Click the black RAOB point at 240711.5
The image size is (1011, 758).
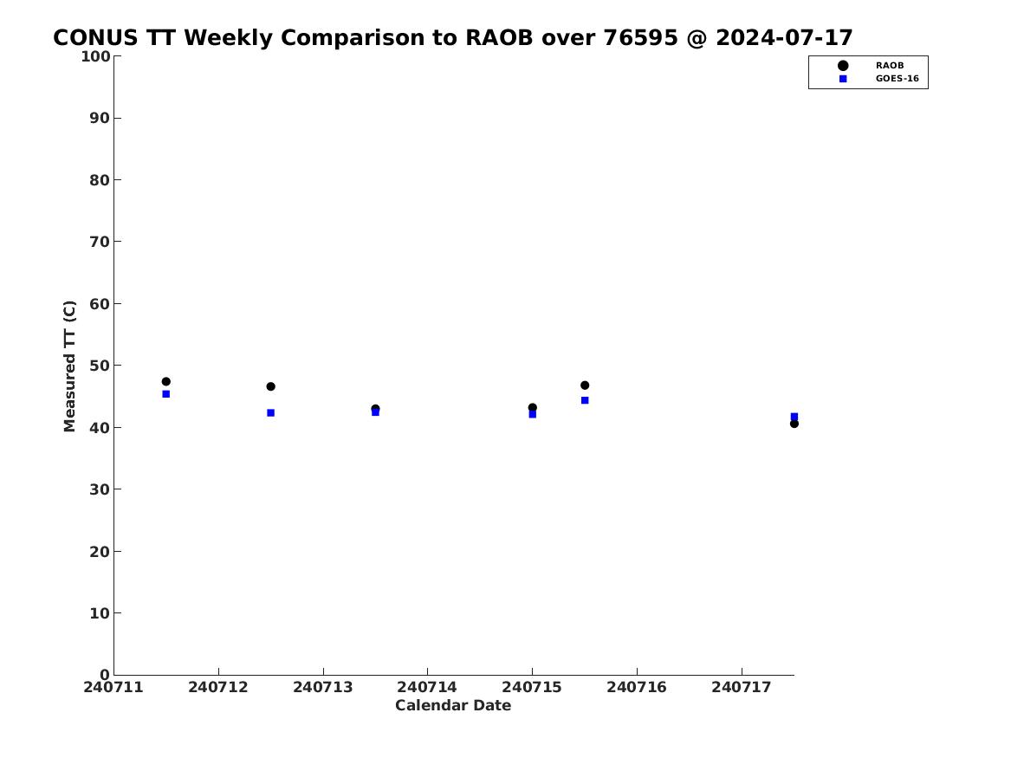[165, 381]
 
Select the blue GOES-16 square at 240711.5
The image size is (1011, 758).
[165, 394]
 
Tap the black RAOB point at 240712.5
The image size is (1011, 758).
[271, 386]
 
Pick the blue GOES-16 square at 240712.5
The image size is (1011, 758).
[271, 412]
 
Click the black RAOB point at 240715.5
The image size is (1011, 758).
[585, 385]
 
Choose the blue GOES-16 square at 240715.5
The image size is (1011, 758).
[585, 400]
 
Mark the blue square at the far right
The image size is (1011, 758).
[794, 417]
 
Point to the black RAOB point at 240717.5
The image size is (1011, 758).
[794, 424]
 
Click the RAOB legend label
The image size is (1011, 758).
[890, 66]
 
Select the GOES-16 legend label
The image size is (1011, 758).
[898, 79]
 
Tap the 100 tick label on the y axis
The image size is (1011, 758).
[95, 56]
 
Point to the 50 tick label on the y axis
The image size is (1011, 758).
[100, 366]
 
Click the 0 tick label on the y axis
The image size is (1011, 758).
[105, 675]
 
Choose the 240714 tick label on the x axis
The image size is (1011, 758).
[427, 688]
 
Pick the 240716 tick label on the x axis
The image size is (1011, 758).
[637, 688]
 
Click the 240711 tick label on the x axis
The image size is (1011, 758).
[113, 688]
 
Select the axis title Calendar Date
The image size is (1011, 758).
[453, 706]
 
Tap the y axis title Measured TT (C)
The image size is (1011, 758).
[69, 366]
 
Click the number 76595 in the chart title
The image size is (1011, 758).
[641, 38]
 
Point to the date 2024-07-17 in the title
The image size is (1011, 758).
[785, 38]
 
